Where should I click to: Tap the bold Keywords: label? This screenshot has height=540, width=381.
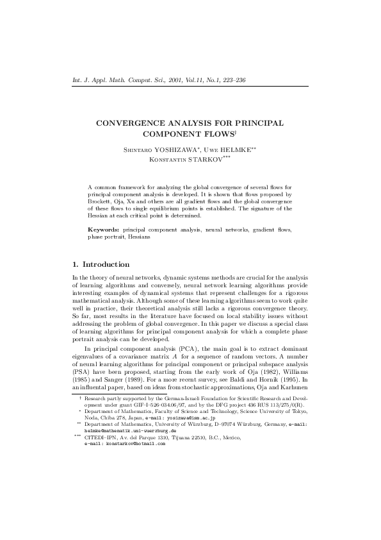click(103, 230)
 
